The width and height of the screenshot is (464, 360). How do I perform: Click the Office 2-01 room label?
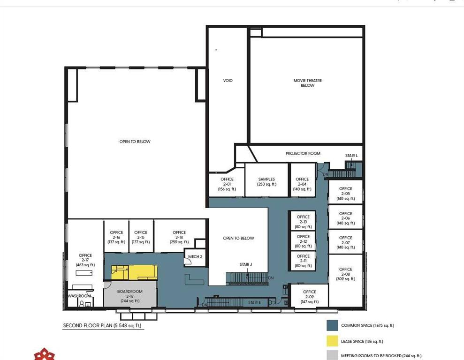pyautogui.click(x=227, y=184)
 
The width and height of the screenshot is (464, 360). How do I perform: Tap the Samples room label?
pyautogui.click(x=266, y=181)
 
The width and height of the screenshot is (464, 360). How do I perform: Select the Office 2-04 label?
pyautogui.click(x=302, y=184)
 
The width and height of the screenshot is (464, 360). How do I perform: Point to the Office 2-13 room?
pyautogui.click(x=303, y=220)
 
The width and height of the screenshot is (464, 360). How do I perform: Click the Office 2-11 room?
pyautogui.click(x=303, y=261)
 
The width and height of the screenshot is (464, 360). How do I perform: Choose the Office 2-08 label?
pyautogui.click(x=346, y=274)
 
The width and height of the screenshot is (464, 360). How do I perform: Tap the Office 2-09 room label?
pyautogui.click(x=310, y=296)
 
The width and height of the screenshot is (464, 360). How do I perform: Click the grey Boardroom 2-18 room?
pyautogui.click(x=130, y=294)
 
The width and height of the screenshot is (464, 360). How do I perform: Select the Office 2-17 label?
pyautogui.click(x=85, y=260)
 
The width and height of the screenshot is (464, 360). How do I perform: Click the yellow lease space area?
pyautogui.click(x=134, y=272)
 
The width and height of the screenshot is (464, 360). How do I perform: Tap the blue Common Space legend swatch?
pyautogui.click(x=332, y=325)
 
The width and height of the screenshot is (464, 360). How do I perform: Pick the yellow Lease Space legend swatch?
pyautogui.click(x=332, y=341)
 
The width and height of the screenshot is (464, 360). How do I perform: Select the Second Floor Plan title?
pyautogui.click(x=102, y=325)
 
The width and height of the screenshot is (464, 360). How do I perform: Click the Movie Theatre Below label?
pyautogui.click(x=307, y=83)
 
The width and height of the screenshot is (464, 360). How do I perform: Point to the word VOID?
pyautogui.click(x=228, y=81)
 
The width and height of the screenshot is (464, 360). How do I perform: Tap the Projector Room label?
pyautogui.click(x=303, y=153)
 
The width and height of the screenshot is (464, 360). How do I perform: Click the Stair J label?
pyautogui.click(x=246, y=264)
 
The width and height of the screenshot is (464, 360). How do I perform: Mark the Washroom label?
pyautogui.click(x=79, y=296)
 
